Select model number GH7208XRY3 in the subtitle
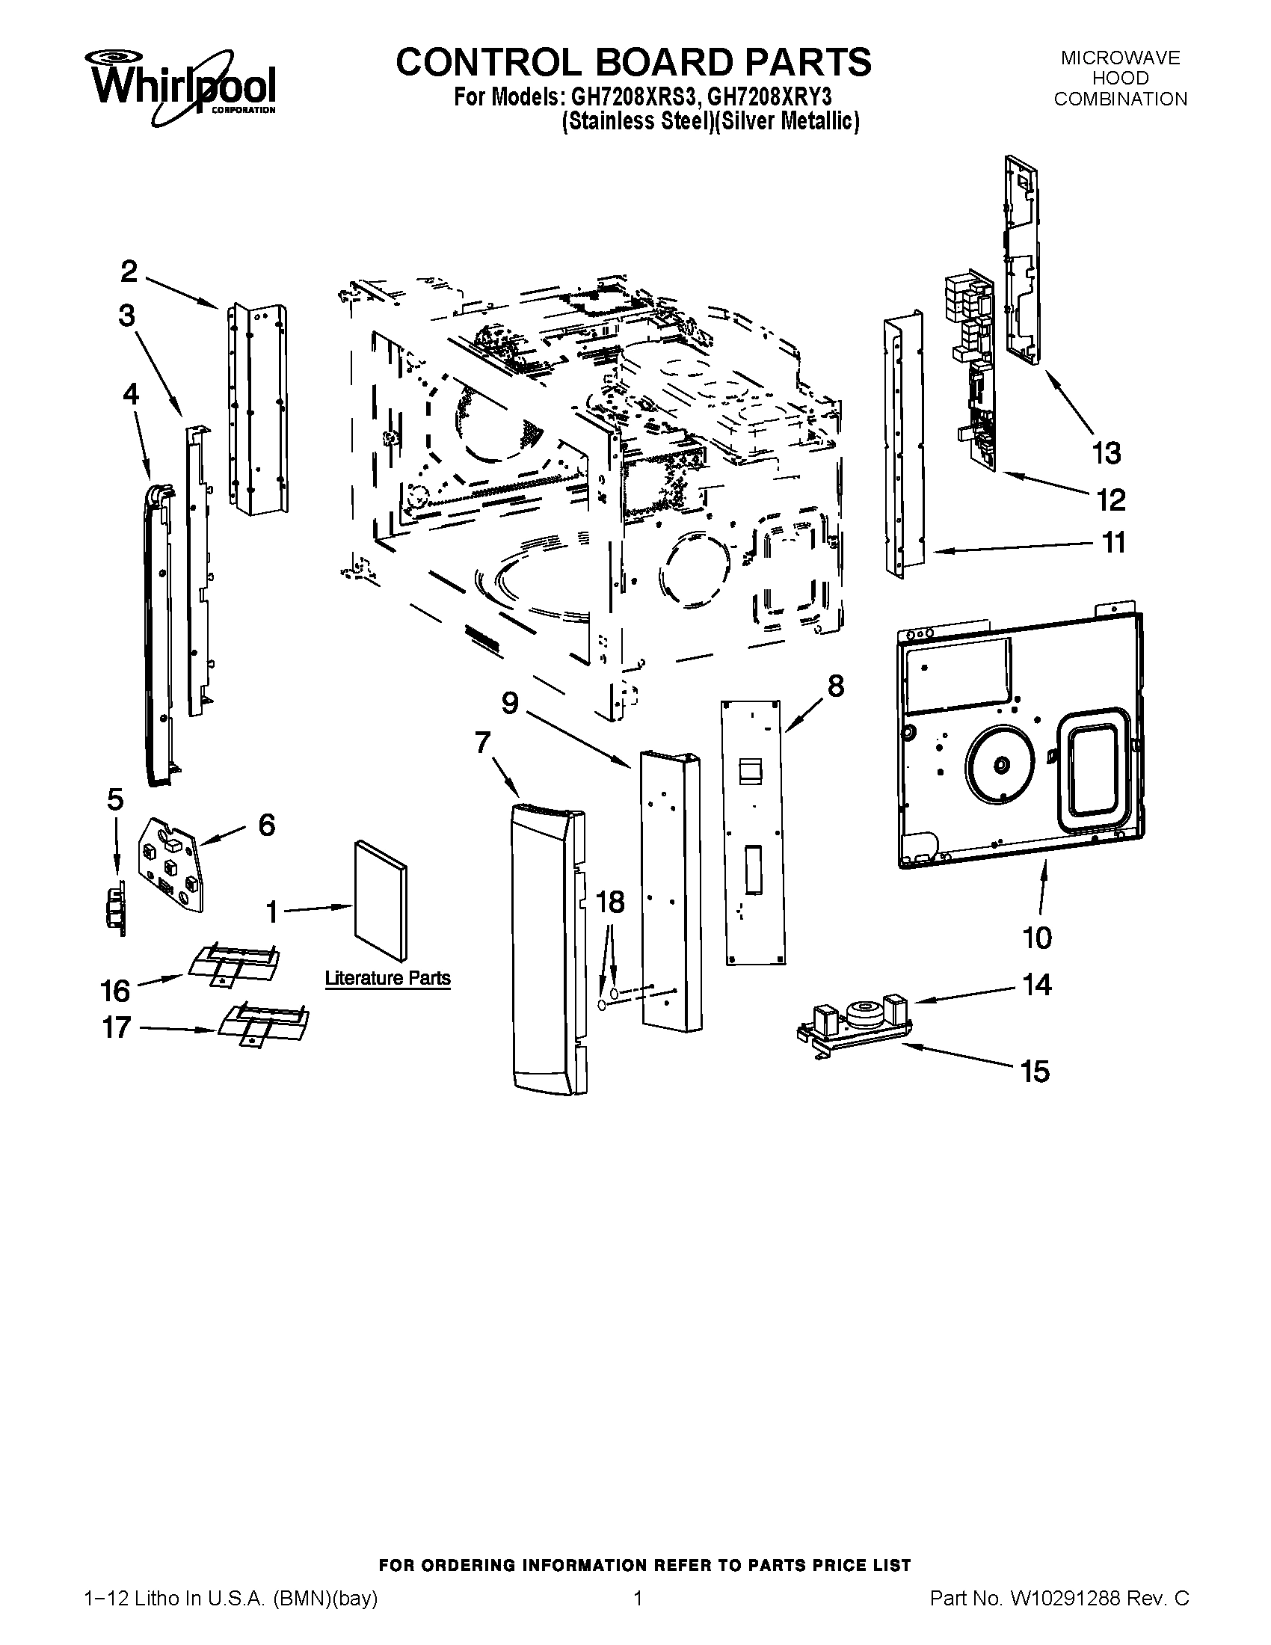click(x=769, y=99)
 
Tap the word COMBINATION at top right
click(x=1120, y=99)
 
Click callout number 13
click(x=1106, y=453)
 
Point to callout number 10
click(x=1036, y=938)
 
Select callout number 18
click(x=610, y=902)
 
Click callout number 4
click(x=131, y=394)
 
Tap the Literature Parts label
click(x=388, y=979)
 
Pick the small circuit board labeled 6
click(x=170, y=866)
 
